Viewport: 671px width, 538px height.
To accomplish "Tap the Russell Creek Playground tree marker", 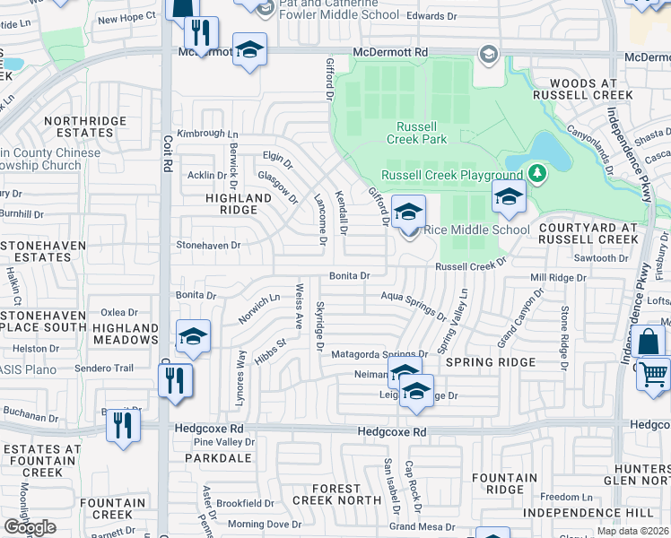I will click(537, 172).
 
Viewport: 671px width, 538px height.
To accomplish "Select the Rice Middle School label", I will click(476, 230).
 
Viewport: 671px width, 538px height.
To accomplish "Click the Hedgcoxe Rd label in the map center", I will click(391, 431).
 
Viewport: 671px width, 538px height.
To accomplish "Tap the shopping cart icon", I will click(654, 373).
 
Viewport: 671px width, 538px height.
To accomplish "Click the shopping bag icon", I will click(648, 342).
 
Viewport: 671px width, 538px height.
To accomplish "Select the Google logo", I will click(30, 526).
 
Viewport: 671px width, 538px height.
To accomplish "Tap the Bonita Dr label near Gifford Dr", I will click(350, 276).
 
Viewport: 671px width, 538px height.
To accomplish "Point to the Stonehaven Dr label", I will click(209, 244).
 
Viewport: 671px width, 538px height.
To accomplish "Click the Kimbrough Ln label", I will click(202, 134).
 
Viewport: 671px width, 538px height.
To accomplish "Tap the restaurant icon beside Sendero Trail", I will click(176, 380).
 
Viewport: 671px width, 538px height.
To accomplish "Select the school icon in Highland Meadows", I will click(193, 337).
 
